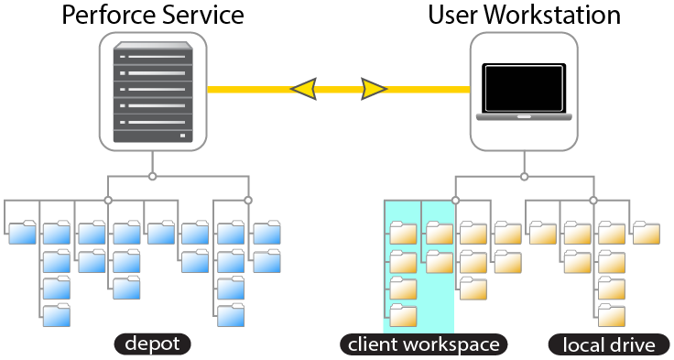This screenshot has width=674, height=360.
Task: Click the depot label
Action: [153, 344]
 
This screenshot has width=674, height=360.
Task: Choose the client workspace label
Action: [423, 344]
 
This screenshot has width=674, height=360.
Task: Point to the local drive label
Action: [609, 345]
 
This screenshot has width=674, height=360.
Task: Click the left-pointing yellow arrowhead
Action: [305, 89]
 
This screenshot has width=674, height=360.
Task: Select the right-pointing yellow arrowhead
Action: [372, 89]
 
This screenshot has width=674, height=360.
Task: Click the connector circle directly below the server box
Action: [153, 175]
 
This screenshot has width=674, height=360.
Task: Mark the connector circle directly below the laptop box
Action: [524, 175]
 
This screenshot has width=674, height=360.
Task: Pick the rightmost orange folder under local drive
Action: [646, 233]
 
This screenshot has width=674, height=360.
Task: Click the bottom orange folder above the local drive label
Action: [611, 315]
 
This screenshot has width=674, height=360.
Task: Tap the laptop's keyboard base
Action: [524, 117]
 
